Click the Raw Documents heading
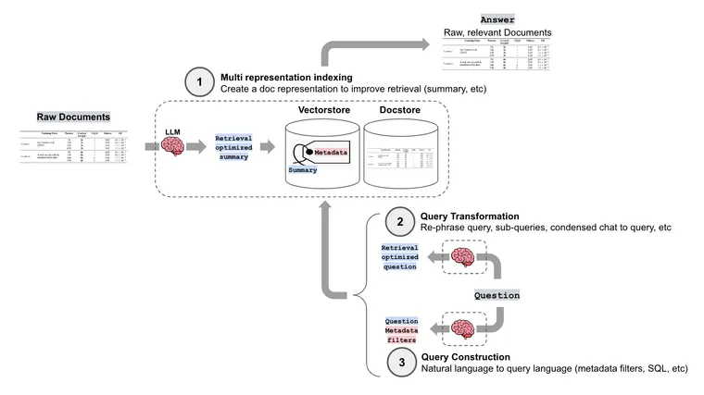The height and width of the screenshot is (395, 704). [73, 117]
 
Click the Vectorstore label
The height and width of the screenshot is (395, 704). [324, 110]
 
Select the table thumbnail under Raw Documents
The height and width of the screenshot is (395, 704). [73, 146]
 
